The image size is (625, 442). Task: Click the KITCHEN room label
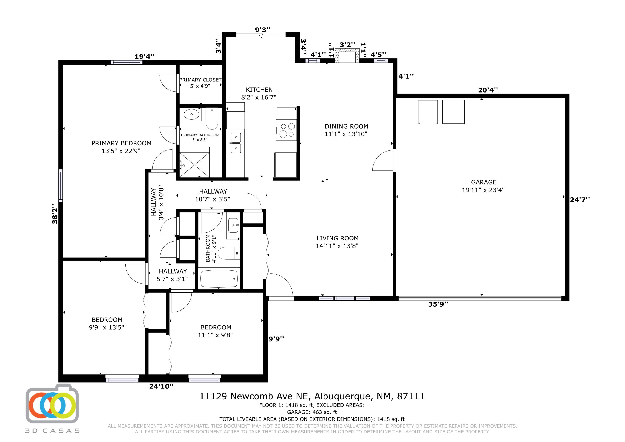259,90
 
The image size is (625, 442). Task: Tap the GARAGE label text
484,182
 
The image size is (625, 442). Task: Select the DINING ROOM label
346,126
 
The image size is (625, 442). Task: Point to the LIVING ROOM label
337,238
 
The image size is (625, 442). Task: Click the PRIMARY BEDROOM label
121,143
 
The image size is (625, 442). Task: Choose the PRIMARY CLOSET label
200,80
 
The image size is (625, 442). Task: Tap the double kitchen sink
236,143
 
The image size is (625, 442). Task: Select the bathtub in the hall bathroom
219,279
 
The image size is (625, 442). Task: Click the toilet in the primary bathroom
212,118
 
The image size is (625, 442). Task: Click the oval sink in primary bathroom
191,114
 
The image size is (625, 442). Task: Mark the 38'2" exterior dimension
55,214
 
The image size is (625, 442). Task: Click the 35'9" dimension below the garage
438,304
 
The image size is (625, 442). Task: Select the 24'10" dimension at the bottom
161,386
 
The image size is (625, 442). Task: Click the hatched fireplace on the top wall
347,56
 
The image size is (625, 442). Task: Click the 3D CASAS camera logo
52,404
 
